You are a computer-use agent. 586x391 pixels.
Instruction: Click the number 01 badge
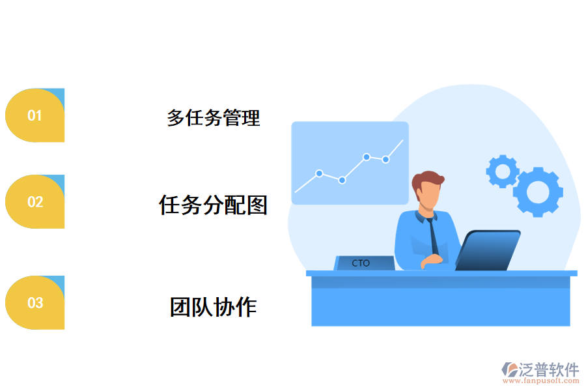click(x=35, y=115)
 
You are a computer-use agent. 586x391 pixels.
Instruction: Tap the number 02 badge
click(x=35, y=202)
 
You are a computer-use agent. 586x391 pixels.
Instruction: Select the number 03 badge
click(x=35, y=302)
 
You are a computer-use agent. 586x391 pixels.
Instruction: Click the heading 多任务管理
click(x=214, y=118)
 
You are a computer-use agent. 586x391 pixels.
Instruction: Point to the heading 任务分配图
click(x=214, y=205)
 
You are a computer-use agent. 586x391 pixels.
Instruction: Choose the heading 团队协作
click(x=214, y=306)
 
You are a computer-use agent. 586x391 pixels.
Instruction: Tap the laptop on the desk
click(x=488, y=250)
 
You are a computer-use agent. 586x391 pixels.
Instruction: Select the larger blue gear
click(x=538, y=192)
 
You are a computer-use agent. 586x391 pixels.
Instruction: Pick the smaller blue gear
click(x=502, y=171)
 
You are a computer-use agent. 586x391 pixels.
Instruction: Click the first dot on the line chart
click(x=319, y=173)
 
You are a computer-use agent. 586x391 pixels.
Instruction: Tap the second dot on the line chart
click(x=342, y=180)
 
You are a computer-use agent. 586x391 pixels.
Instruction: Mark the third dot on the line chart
click(x=367, y=157)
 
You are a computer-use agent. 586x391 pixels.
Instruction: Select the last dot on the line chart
click(x=385, y=159)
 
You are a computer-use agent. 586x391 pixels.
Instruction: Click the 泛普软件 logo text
click(x=548, y=369)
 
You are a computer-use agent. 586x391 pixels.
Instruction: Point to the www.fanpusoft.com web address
click(x=541, y=382)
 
